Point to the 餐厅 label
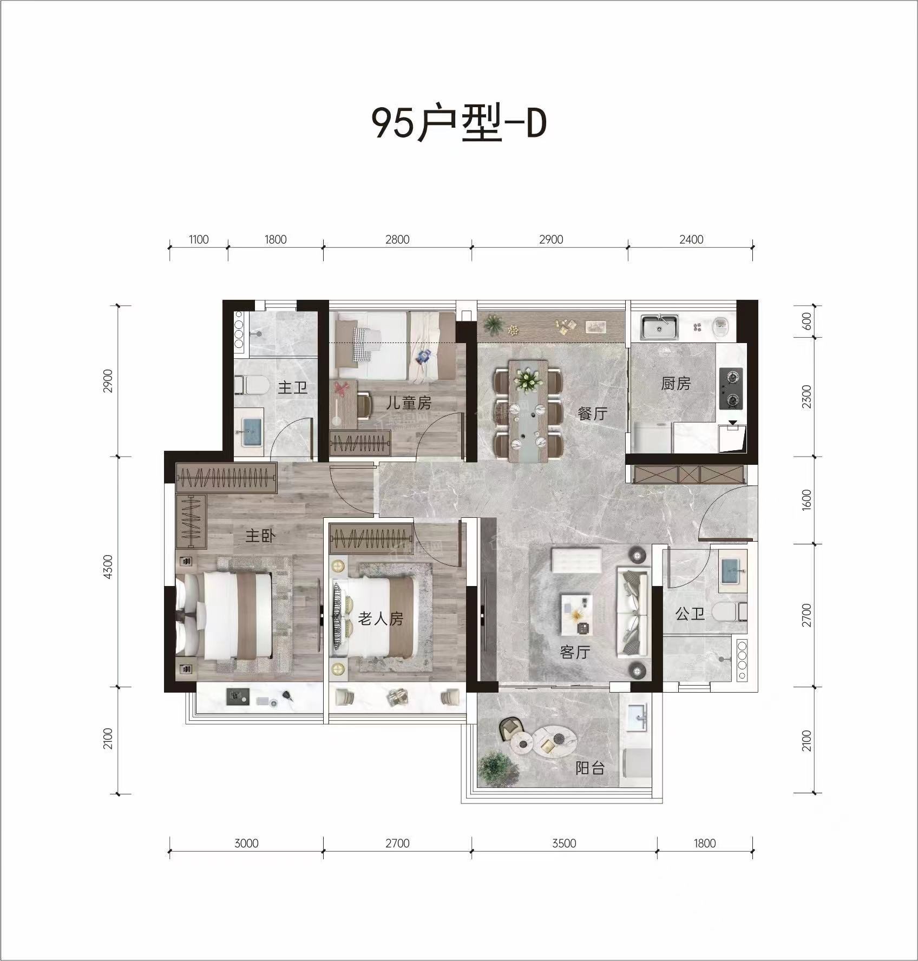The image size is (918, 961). click(x=593, y=414)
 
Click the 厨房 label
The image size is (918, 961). click(x=676, y=384)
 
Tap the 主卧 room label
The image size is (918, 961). click(x=260, y=536)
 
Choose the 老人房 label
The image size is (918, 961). click(x=381, y=618)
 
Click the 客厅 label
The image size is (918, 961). click(x=574, y=652)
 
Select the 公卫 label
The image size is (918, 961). click(x=690, y=614)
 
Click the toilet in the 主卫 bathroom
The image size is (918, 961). click(x=253, y=385)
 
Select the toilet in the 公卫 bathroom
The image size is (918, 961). click(x=729, y=612)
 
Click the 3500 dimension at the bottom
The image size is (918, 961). click(x=564, y=843)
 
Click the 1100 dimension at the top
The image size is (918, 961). click(x=199, y=239)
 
